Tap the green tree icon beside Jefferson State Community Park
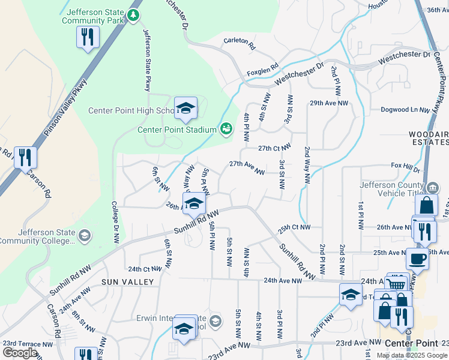[x=134, y=16]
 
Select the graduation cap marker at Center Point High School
[x=186, y=108]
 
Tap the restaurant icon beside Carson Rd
[x=25, y=158]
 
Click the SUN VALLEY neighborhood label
[x=127, y=282]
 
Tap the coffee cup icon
[x=417, y=259]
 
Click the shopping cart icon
[x=395, y=284]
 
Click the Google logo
[x=20, y=353]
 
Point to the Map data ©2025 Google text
[x=411, y=355]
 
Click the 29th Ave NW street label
[x=329, y=103]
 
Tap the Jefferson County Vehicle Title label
[x=396, y=190]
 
